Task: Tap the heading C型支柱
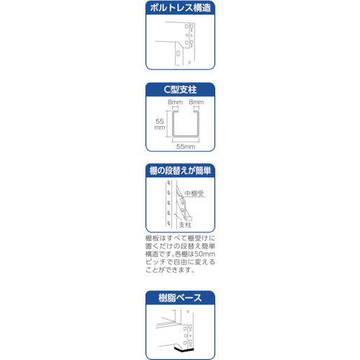pos(179,90)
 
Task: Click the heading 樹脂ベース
pos(179,297)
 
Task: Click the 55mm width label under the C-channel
pos(185,146)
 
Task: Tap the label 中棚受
pos(195,194)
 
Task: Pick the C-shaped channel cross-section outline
pos(185,123)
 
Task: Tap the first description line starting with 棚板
pos(179,235)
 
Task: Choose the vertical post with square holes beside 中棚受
pos(170,205)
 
